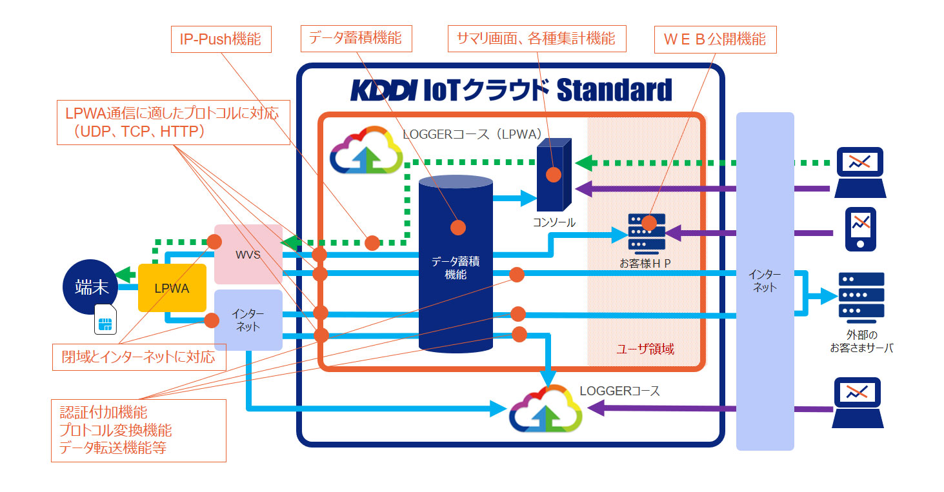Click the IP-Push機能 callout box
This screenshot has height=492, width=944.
tap(221, 39)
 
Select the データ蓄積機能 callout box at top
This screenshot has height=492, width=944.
tap(356, 39)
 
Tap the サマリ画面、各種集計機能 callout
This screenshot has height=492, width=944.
tap(536, 39)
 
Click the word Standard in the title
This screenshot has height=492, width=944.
tap(613, 90)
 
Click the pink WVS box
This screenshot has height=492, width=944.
tap(248, 254)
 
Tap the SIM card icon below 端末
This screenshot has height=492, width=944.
tap(105, 321)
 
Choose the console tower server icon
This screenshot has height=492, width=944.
tap(554, 174)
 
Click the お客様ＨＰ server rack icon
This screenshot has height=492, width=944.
tap(647, 233)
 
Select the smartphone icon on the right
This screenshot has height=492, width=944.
tap(860, 229)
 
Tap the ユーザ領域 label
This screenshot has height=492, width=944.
tap(645, 349)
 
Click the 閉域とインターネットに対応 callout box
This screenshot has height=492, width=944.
tap(139, 357)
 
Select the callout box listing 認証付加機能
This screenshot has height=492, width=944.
tap(139, 430)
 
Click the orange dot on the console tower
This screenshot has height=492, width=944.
tap(553, 175)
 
